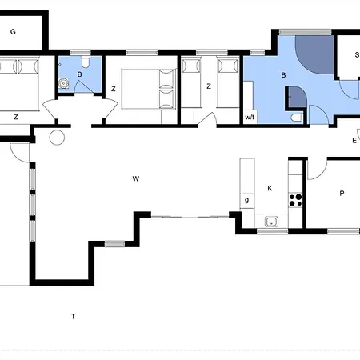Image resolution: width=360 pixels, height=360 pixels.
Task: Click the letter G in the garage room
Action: [13, 32]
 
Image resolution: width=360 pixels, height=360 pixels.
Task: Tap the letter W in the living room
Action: [136, 178]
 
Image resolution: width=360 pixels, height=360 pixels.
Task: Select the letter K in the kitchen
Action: [270, 188]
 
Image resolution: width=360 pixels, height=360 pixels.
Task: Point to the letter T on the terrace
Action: [73, 316]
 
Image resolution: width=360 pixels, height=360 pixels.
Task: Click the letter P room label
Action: [342, 193]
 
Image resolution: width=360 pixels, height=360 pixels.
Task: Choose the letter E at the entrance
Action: [354, 141]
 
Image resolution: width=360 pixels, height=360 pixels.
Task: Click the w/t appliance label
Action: [250, 117]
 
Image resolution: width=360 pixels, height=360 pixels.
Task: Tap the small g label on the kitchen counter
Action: [247, 200]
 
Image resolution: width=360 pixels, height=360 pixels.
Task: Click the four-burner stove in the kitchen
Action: [295, 200]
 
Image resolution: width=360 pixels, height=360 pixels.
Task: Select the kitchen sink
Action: [271, 222]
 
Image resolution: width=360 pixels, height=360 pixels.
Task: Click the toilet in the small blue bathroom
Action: [86, 62]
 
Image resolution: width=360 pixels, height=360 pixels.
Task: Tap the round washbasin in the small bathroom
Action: [63, 83]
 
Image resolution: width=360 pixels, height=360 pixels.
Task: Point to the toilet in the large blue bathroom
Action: [297, 118]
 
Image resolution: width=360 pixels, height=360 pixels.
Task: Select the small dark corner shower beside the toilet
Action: [298, 97]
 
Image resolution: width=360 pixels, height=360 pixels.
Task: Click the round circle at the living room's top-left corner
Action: [57, 138]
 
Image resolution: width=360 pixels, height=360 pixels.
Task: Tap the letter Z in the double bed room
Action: [114, 89]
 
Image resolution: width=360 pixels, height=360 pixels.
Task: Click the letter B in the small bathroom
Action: [79, 74]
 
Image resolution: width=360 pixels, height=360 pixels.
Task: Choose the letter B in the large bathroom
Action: [283, 75]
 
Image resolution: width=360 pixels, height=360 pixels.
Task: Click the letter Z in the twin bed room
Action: [209, 86]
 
